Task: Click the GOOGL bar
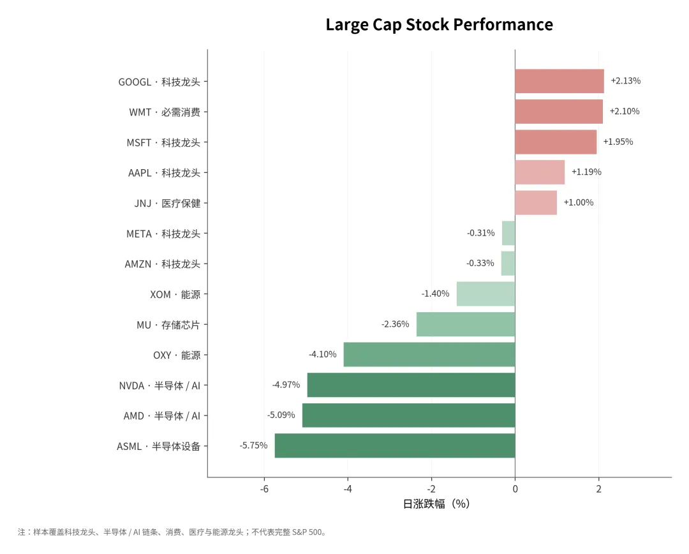pyautogui.click(x=559, y=81)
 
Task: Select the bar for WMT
pyautogui.click(x=559, y=112)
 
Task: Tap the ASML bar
pyautogui.click(x=395, y=446)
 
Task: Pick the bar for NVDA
pyautogui.click(x=411, y=385)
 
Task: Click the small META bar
pyautogui.click(x=508, y=233)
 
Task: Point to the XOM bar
pyautogui.click(x=486, y=294)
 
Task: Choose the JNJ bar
pyautogui.click(x=536, y=203)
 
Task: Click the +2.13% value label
pyautogui.click(x=626, y=81)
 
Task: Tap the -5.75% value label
pyautogui.click(x=253, y=445)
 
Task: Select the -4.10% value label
pyautogui.click(x=323, y=354)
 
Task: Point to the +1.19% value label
pyautogui.click(x=586, y=172)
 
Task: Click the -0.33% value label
pyautogui.click(x=480, y=263)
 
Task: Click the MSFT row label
pyautogui.click(x=163, y=142)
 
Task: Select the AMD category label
pyautogui.click(x=161, y=415)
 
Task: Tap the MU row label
pyautogui.click(x=168, y=325)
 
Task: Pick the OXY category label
pyautogui.click(x=177, y=355)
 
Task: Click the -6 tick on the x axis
pyautogui.click(x=264, y=489)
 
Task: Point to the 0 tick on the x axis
pyautogui.click(x=515, y=489)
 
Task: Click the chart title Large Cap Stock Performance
pyautogui.click(x=440, y=25)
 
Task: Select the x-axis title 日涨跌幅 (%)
pyautogui.click(x=436, y=504)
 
